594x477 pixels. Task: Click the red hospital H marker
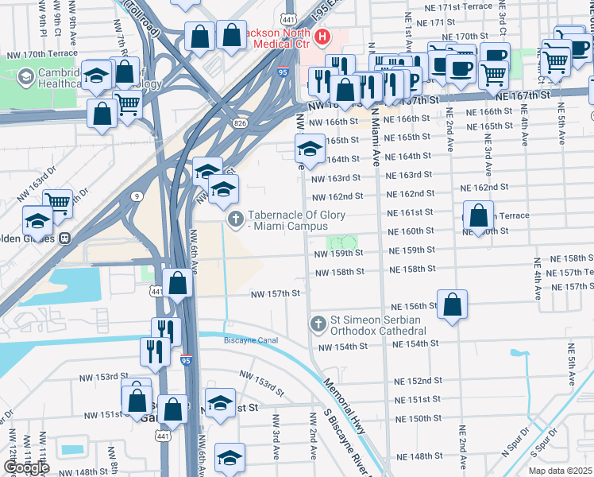pyautogui.click(x=323, y=37)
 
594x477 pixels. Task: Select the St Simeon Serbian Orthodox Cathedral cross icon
pyautogui.click(x=318, y=324)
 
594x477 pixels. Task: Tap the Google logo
pyautogui.click(x=25, y=467)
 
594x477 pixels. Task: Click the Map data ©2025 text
pyautogui.click(x=559, y=471)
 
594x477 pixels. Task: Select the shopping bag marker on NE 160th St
pyautogui.click(x=478, y=216)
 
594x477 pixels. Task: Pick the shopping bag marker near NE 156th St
pyautogui.click(x=452, y=304)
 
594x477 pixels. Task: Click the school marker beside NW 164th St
pyautogui.click(x=310, y=148)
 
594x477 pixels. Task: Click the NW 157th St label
pyautogui.click(x=276, y=293)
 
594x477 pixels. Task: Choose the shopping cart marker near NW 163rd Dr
pyautogui.click(x=57, y=202)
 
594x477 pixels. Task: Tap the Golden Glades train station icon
pyautogui.click(x=66, y=237)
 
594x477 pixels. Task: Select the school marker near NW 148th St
pyautogui.click(x=229, y=458)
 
